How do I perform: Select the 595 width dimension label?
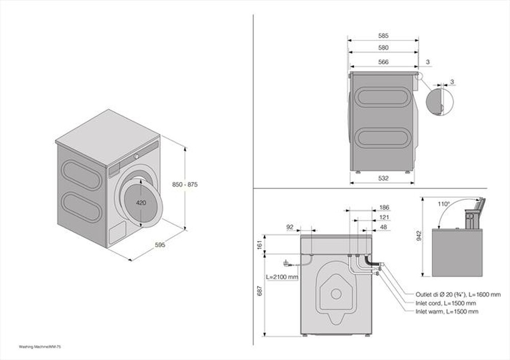pos(160,245)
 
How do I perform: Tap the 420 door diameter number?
pos(141,202)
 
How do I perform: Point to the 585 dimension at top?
pos(384,36)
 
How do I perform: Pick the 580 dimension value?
pos(384,47)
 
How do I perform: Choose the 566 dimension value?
pos(384,62)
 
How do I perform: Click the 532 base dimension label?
pos(384,178)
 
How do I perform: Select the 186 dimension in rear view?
pos(385,208)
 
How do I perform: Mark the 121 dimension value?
pos(385,218)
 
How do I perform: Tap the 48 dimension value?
pos(384,227)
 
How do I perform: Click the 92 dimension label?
pos(291,227)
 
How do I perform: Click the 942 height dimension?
pos(419,235)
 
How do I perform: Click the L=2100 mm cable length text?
pos(282,277)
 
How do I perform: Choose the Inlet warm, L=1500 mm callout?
pos(447,312)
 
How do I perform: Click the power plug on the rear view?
pos(284,264)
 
